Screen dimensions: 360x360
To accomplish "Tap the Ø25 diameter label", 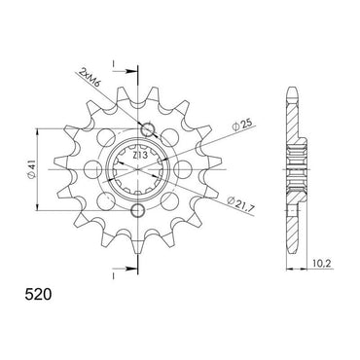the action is (x=241, y=126).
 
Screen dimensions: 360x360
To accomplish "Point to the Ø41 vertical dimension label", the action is (x=32, y=169).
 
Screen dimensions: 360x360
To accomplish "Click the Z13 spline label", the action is (x=140, y=156).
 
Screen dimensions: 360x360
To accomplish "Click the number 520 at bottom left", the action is (x=38, y=295).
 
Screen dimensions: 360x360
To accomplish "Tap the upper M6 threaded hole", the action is (x=148, y=129).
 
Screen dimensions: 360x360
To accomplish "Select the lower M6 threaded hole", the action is (x=138, y=211).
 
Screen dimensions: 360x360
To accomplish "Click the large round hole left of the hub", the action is (x=92, y=169).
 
